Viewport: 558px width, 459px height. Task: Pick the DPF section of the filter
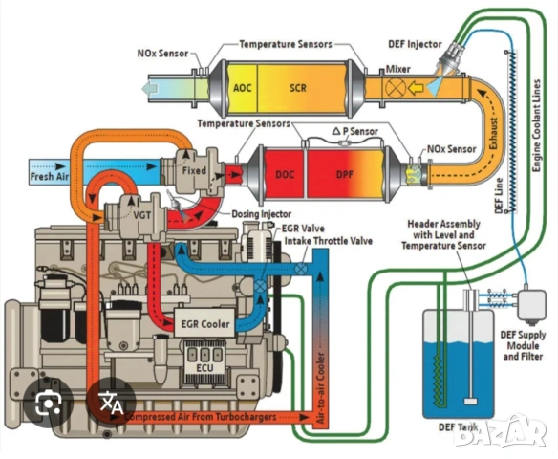coord(345,175)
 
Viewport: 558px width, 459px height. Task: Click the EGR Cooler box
coord(204,324)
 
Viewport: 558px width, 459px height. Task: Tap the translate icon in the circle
coord(108,403)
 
